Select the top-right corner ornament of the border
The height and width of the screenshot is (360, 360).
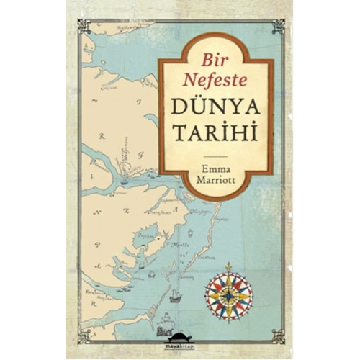click(x=276, y=26)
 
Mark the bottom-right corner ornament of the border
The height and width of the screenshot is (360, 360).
click(x=276, y=333)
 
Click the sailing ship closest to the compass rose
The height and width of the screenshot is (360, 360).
click(x=175, y=294)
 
